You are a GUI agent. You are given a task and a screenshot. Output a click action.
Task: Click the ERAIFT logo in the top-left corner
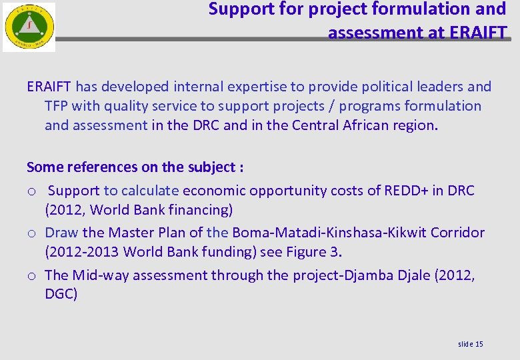(29, 27)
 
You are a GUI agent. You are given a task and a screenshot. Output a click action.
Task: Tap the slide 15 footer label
(471, 344)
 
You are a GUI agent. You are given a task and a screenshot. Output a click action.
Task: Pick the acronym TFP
(57, 106)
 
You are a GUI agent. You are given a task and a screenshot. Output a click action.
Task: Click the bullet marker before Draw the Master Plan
(31, 233)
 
